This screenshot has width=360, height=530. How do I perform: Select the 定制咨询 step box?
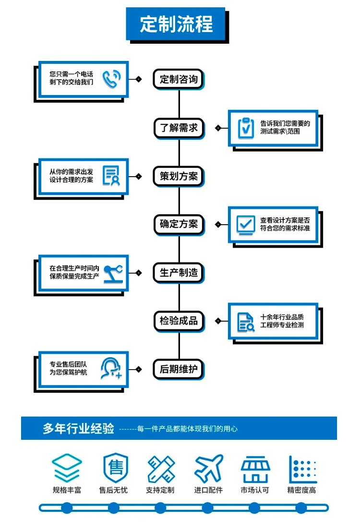(x=179, y=79)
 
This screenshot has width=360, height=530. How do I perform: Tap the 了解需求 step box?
(x=179, y=128)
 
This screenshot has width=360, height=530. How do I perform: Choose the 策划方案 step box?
(x=179, y=176)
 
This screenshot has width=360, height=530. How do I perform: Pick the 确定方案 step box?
(x=179, y=224)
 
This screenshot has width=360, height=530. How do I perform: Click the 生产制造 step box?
(x=179, y=272)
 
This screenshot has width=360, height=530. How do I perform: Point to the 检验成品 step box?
(x=179, y=320)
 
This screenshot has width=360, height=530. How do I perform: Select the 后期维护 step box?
(x=179, y=369)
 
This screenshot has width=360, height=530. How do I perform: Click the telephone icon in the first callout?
(x=111, y=79)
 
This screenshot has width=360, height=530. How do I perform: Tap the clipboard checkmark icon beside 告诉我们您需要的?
(x=246, y=128)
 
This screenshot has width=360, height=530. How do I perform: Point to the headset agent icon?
(x=111, y=368)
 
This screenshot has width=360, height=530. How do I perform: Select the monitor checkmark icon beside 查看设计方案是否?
(x=246, y=225)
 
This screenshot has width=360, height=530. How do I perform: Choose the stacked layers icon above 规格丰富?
(x=67, y=468)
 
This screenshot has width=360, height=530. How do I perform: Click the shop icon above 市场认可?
(x=255, y=469)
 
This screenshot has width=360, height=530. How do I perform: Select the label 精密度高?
(x=301, y=490)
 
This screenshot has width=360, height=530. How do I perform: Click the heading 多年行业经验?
(x=78, y=428)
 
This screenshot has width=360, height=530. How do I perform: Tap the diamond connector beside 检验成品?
(x=218, y=321)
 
